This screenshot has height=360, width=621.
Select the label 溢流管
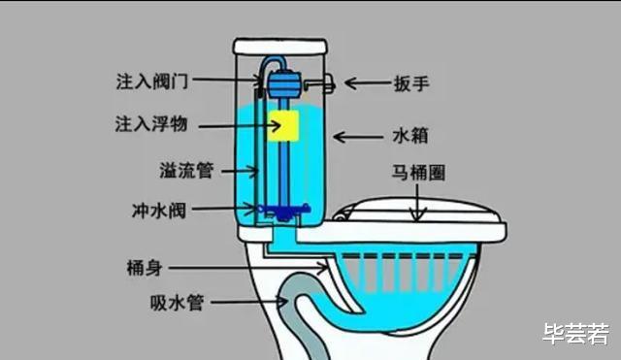coord(186,171)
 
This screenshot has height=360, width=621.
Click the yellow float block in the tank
coord(283,125)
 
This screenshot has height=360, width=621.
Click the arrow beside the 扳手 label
coord(367,84)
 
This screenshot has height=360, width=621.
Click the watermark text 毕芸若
coord(574,334)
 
